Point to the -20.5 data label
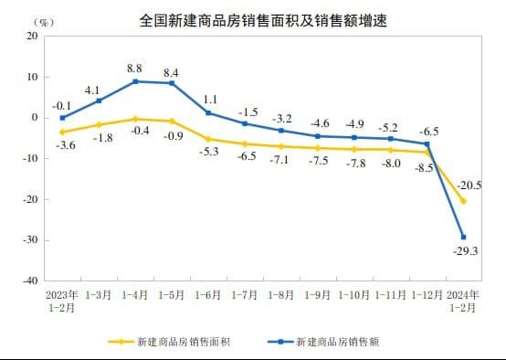(469, 185)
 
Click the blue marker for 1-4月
(135, 81)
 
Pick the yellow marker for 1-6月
(208, 139)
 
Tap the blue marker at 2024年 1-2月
(463, 238)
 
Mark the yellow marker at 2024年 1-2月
(463, 201)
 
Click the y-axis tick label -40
(30, 281)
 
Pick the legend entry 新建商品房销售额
(337, 343)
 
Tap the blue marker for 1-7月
(245, 123)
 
